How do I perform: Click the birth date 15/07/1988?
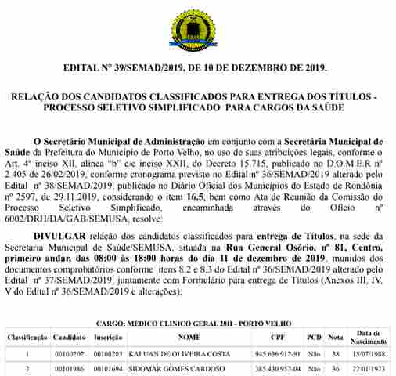click(x=368, y=353)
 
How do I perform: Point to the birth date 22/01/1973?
click(x=368, y=368)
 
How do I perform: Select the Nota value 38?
click(x=336, y=353)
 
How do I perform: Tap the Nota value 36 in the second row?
click(x=336, y=368)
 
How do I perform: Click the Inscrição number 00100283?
click(x=108, y=353)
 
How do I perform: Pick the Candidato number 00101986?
click(x=69, y=368)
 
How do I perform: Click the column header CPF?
click(x=278, y=338)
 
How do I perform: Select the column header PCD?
click(x=314, y=338)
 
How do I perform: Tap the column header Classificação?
click(x=27, y=338)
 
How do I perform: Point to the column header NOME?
click(x=189, y=338)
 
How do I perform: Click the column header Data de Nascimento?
click(x=368, y=338)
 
